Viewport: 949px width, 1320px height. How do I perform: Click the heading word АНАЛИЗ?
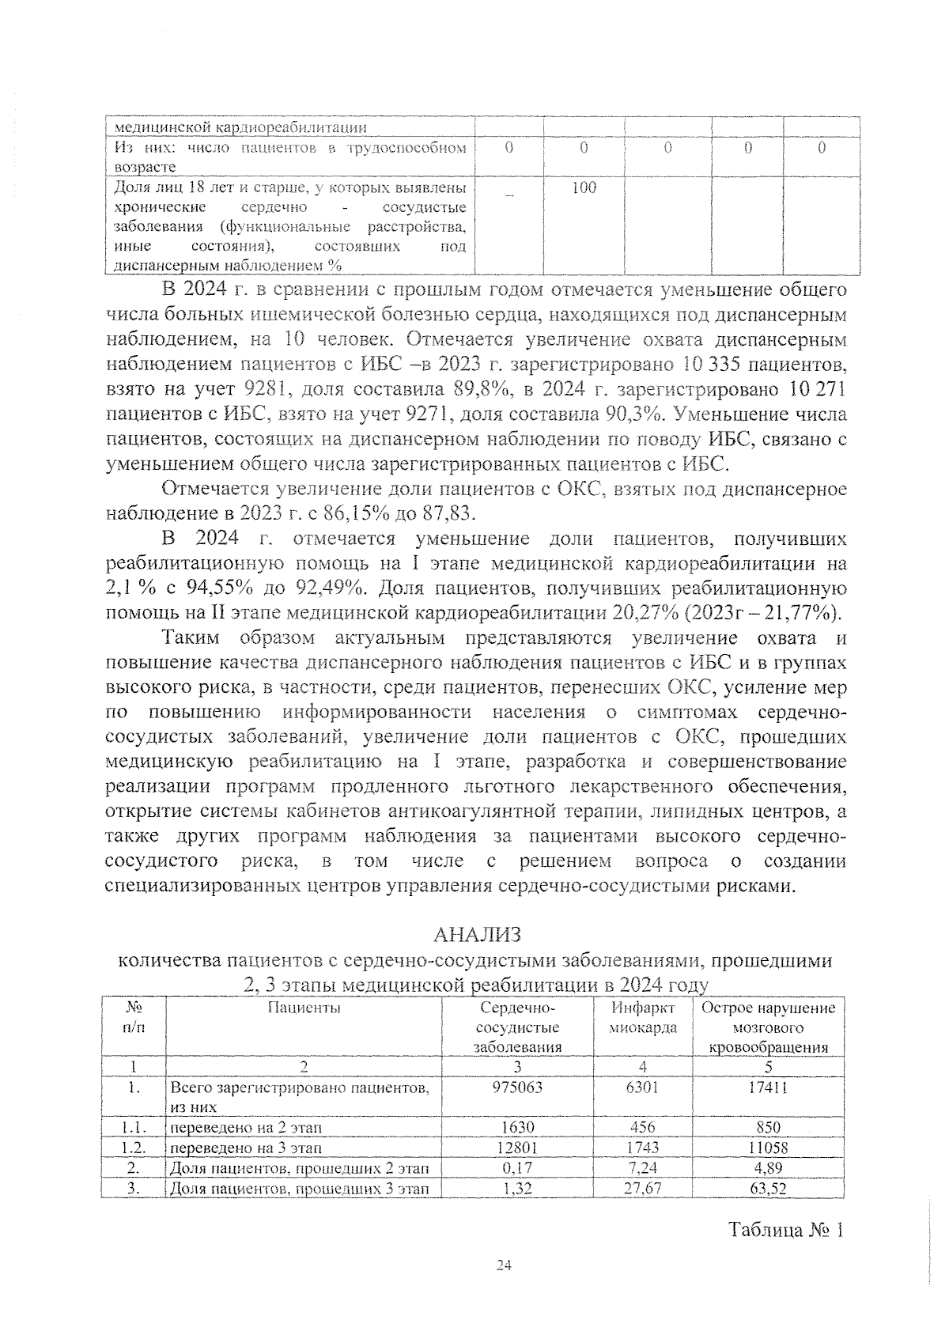pyautogui.click(x=478, y=935)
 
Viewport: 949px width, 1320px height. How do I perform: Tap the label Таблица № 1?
pyautogui.click(x=787, y=1231)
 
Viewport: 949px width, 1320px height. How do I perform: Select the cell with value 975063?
pyautogui.click(x=517, y=1087)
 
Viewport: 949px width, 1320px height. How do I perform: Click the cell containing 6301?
pyautogui.click(x=642, y=1087)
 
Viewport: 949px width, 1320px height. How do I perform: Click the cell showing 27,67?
pyautogui.click(x=642, y=1189)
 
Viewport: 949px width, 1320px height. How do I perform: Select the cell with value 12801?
pyautogui.click(x=517, y=1147)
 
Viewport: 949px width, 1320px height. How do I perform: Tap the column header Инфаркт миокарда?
pyautogui.click(x=643, y=1018)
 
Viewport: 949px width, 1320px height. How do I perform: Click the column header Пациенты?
pyautogui.click(x=304, y=1008)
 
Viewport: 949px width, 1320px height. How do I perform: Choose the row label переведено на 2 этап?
pyautogui.click(x=246, y=1127)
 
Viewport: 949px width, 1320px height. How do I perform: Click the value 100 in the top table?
pyautogui.click(x=584, y=187)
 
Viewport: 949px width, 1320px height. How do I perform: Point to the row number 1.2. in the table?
pyautogui.click(x=134, y=1147)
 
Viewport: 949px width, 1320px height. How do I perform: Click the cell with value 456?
pyautogui.click(x=642, y=1127)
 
